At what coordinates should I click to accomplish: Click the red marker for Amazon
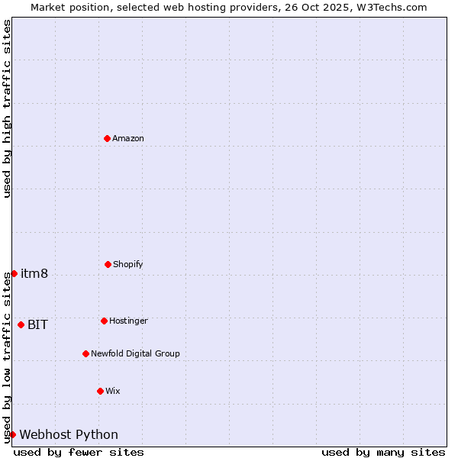coord(107,138)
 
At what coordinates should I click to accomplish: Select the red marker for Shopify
coord(108,264)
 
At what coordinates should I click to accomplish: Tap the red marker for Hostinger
coord(104,321)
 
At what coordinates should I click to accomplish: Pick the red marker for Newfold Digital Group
coord(85,353)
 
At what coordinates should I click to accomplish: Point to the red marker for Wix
coord(100,391)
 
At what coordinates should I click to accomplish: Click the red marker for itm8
coord(14,273)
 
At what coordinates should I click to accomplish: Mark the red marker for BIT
coord(21,324)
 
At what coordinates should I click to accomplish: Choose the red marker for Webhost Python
coord(12,434)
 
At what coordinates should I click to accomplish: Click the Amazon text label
coord(128,138)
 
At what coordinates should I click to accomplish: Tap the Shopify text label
coord(127,264)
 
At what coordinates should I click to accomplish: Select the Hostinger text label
coord(128,321)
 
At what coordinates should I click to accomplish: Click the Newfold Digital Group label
coord(135,353)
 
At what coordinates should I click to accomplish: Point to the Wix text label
coord(113,391)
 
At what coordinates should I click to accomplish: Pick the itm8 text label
coord(34,273)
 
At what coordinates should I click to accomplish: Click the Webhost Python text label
coord(69,434)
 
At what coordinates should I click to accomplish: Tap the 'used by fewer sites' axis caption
coord(79,452)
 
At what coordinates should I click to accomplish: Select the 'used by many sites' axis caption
coord(383,452)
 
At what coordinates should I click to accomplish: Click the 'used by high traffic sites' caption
coord(7,108)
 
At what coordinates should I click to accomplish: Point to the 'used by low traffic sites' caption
coord(7,356)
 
